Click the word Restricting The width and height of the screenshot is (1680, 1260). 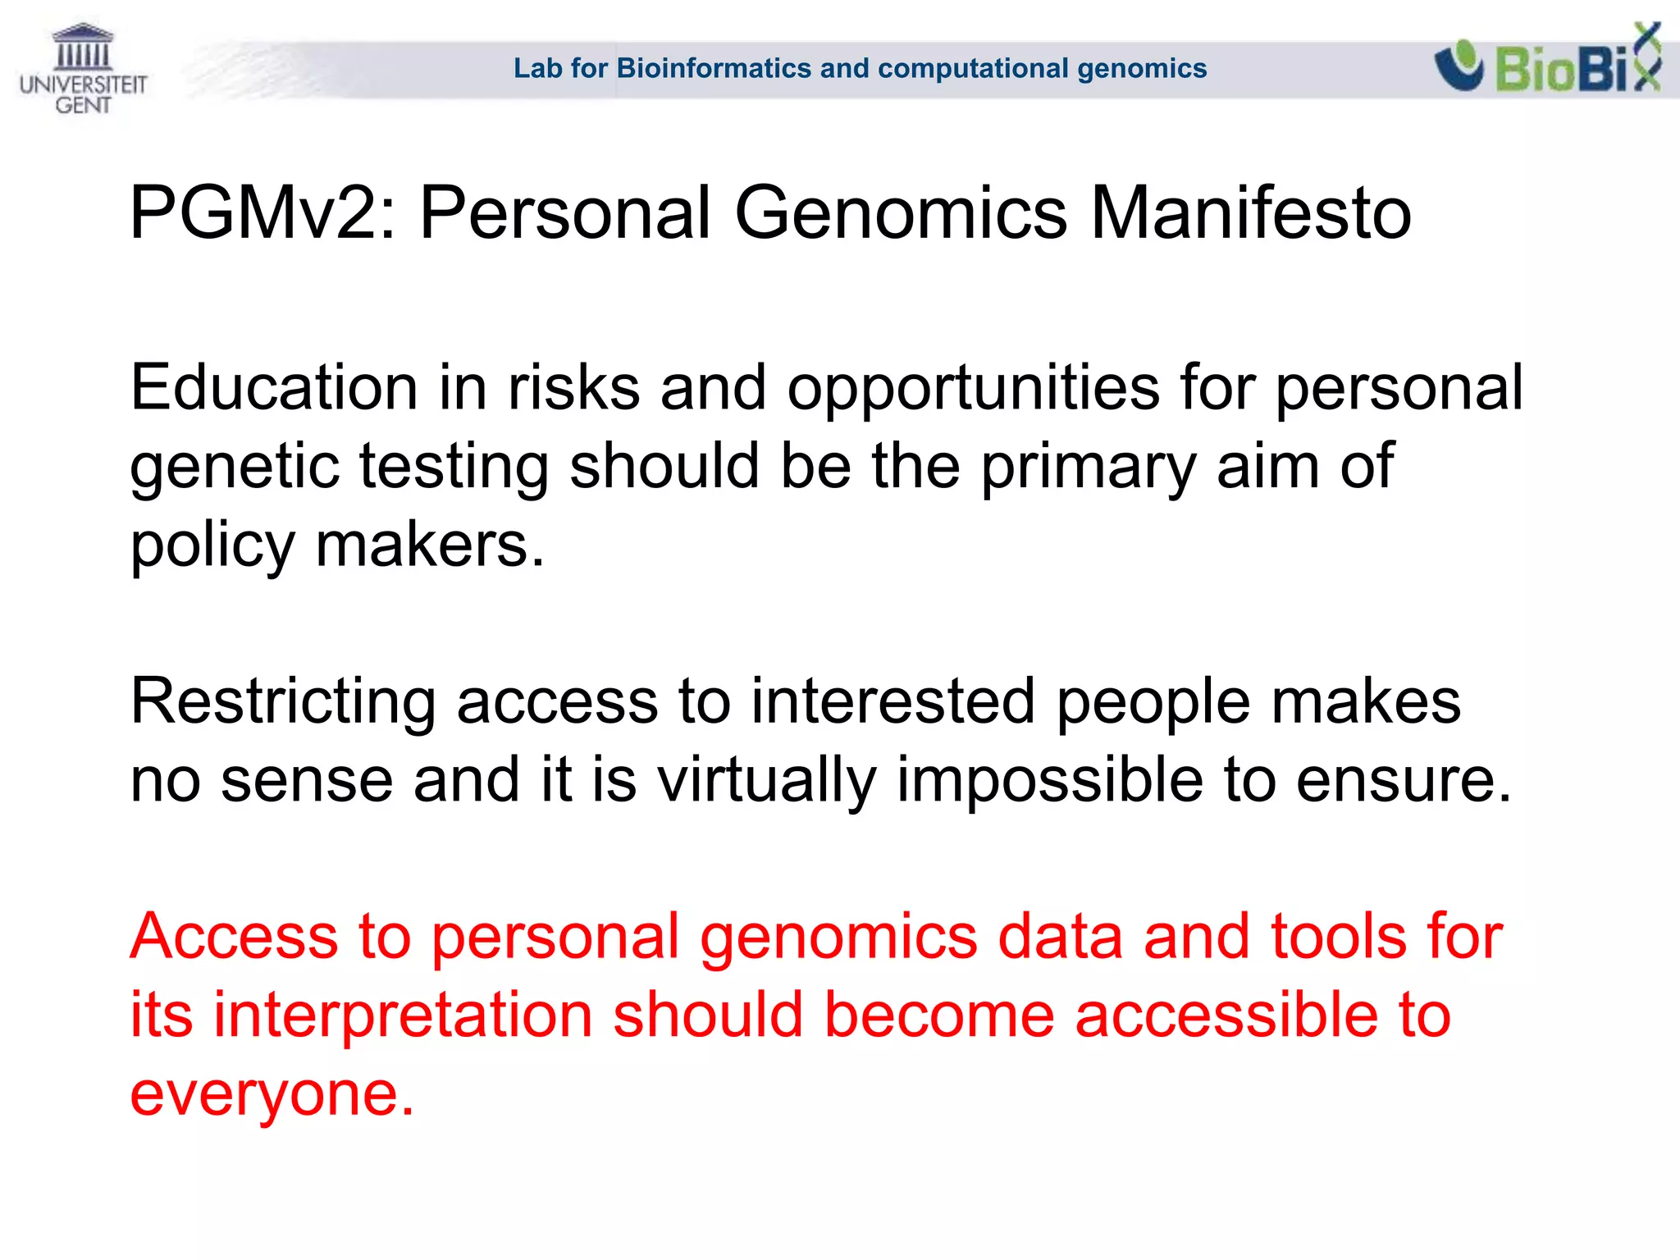tap(283, 701)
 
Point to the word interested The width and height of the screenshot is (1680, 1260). tap(892, 701)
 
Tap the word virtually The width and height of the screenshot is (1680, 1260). tap(767, 780)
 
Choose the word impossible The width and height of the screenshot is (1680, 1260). tap(1050, 780)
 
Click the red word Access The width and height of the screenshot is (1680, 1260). tap(234, 937)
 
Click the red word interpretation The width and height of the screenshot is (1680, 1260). tap(403, 1016)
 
